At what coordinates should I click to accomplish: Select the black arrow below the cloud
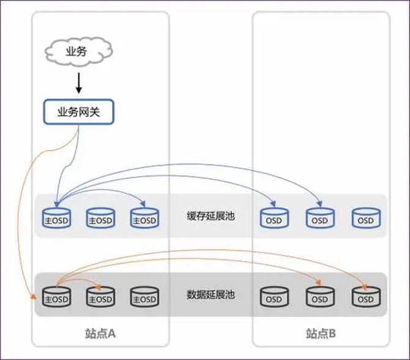79,82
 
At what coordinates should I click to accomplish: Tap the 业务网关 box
78,112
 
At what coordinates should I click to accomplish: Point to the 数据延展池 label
211,294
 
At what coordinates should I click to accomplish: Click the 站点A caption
100,334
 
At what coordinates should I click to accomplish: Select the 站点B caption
321,334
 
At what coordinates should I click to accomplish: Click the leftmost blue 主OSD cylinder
56,218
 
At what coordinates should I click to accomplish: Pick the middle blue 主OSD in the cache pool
100,218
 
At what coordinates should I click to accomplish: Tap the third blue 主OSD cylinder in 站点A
144,218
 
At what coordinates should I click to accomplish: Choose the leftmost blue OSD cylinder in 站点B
274,218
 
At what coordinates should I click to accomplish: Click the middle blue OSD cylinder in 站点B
320,218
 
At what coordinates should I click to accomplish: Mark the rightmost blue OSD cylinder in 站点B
365,218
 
